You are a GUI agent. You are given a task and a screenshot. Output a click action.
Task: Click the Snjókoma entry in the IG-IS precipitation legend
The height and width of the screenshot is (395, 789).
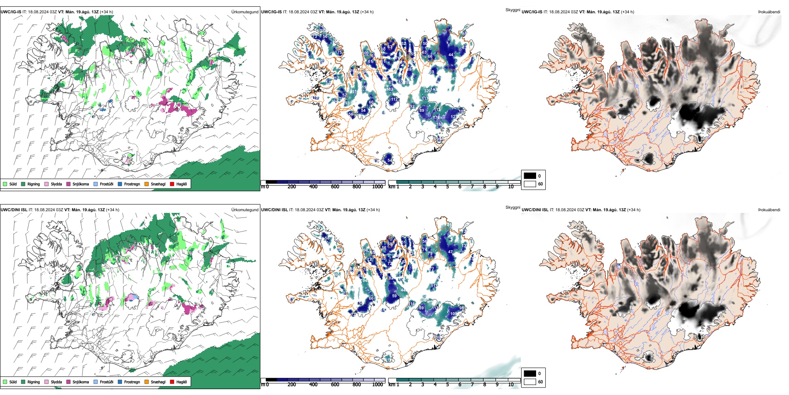point(81,184)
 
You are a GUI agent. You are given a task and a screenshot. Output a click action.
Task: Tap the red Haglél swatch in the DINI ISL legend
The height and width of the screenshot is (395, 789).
point(172,382)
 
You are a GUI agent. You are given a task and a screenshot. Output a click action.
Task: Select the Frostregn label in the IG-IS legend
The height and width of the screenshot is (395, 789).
point(132,184)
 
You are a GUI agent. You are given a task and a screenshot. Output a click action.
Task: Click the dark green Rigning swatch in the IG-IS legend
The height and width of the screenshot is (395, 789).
point(23,184)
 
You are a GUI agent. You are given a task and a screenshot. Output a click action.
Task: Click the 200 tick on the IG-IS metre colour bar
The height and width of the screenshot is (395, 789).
point(292,187)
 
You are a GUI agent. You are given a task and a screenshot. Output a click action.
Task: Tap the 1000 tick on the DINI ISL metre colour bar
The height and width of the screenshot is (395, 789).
point(377,385)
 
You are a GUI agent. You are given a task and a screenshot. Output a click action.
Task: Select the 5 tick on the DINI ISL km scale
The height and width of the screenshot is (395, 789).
point(448,385)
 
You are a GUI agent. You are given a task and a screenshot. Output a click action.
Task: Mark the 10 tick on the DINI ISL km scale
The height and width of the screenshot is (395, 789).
point(511,385)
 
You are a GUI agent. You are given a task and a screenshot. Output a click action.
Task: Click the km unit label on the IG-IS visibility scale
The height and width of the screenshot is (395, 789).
point(392,187)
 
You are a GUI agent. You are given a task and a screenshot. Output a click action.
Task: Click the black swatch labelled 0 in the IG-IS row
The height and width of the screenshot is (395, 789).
point(530,176)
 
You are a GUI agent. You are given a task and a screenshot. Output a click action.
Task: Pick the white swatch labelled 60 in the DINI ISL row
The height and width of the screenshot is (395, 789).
point(530,382)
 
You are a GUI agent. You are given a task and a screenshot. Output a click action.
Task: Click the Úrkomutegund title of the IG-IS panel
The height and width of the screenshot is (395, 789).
point(245,12)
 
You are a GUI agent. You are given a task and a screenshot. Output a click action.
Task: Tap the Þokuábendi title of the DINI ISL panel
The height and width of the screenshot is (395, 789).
point(769,210)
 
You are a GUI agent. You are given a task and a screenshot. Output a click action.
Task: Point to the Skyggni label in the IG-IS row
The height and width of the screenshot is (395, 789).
point(512,10)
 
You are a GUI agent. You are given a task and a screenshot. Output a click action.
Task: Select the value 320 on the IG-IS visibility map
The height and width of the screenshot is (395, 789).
point(427,91)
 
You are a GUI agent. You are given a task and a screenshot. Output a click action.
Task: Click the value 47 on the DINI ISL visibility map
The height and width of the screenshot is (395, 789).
point(451,252)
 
